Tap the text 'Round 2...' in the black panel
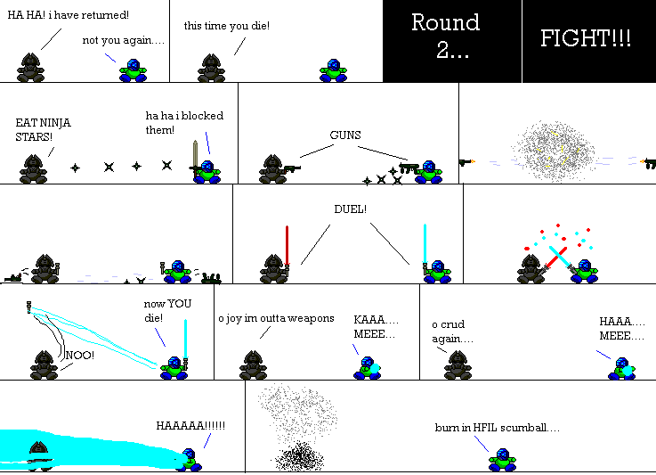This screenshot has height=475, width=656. coord(445,36)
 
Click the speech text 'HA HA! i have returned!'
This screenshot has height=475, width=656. coord(69,15)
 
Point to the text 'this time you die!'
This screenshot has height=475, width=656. coord(227,26)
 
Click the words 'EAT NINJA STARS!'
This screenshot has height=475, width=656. coord(43,129)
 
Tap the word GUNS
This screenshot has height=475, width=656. coord(345,135)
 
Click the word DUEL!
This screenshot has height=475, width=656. coord(350,209)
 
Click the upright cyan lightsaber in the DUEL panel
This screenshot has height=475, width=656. coord(425,242)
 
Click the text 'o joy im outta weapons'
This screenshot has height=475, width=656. coord(276,318)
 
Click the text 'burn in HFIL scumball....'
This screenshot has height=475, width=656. coord(498,427)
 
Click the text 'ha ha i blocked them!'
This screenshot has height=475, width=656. coord(184,123)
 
